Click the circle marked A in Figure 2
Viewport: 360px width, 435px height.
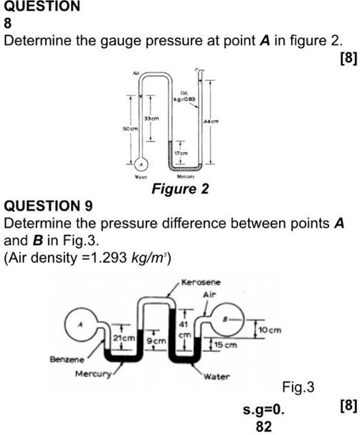pyautogui.click(x=141, y=163)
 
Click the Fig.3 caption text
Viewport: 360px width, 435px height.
pyautogui.click(x=298, y=388)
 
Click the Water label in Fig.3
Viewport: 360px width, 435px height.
pyautogui.click(x=217, y=376)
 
